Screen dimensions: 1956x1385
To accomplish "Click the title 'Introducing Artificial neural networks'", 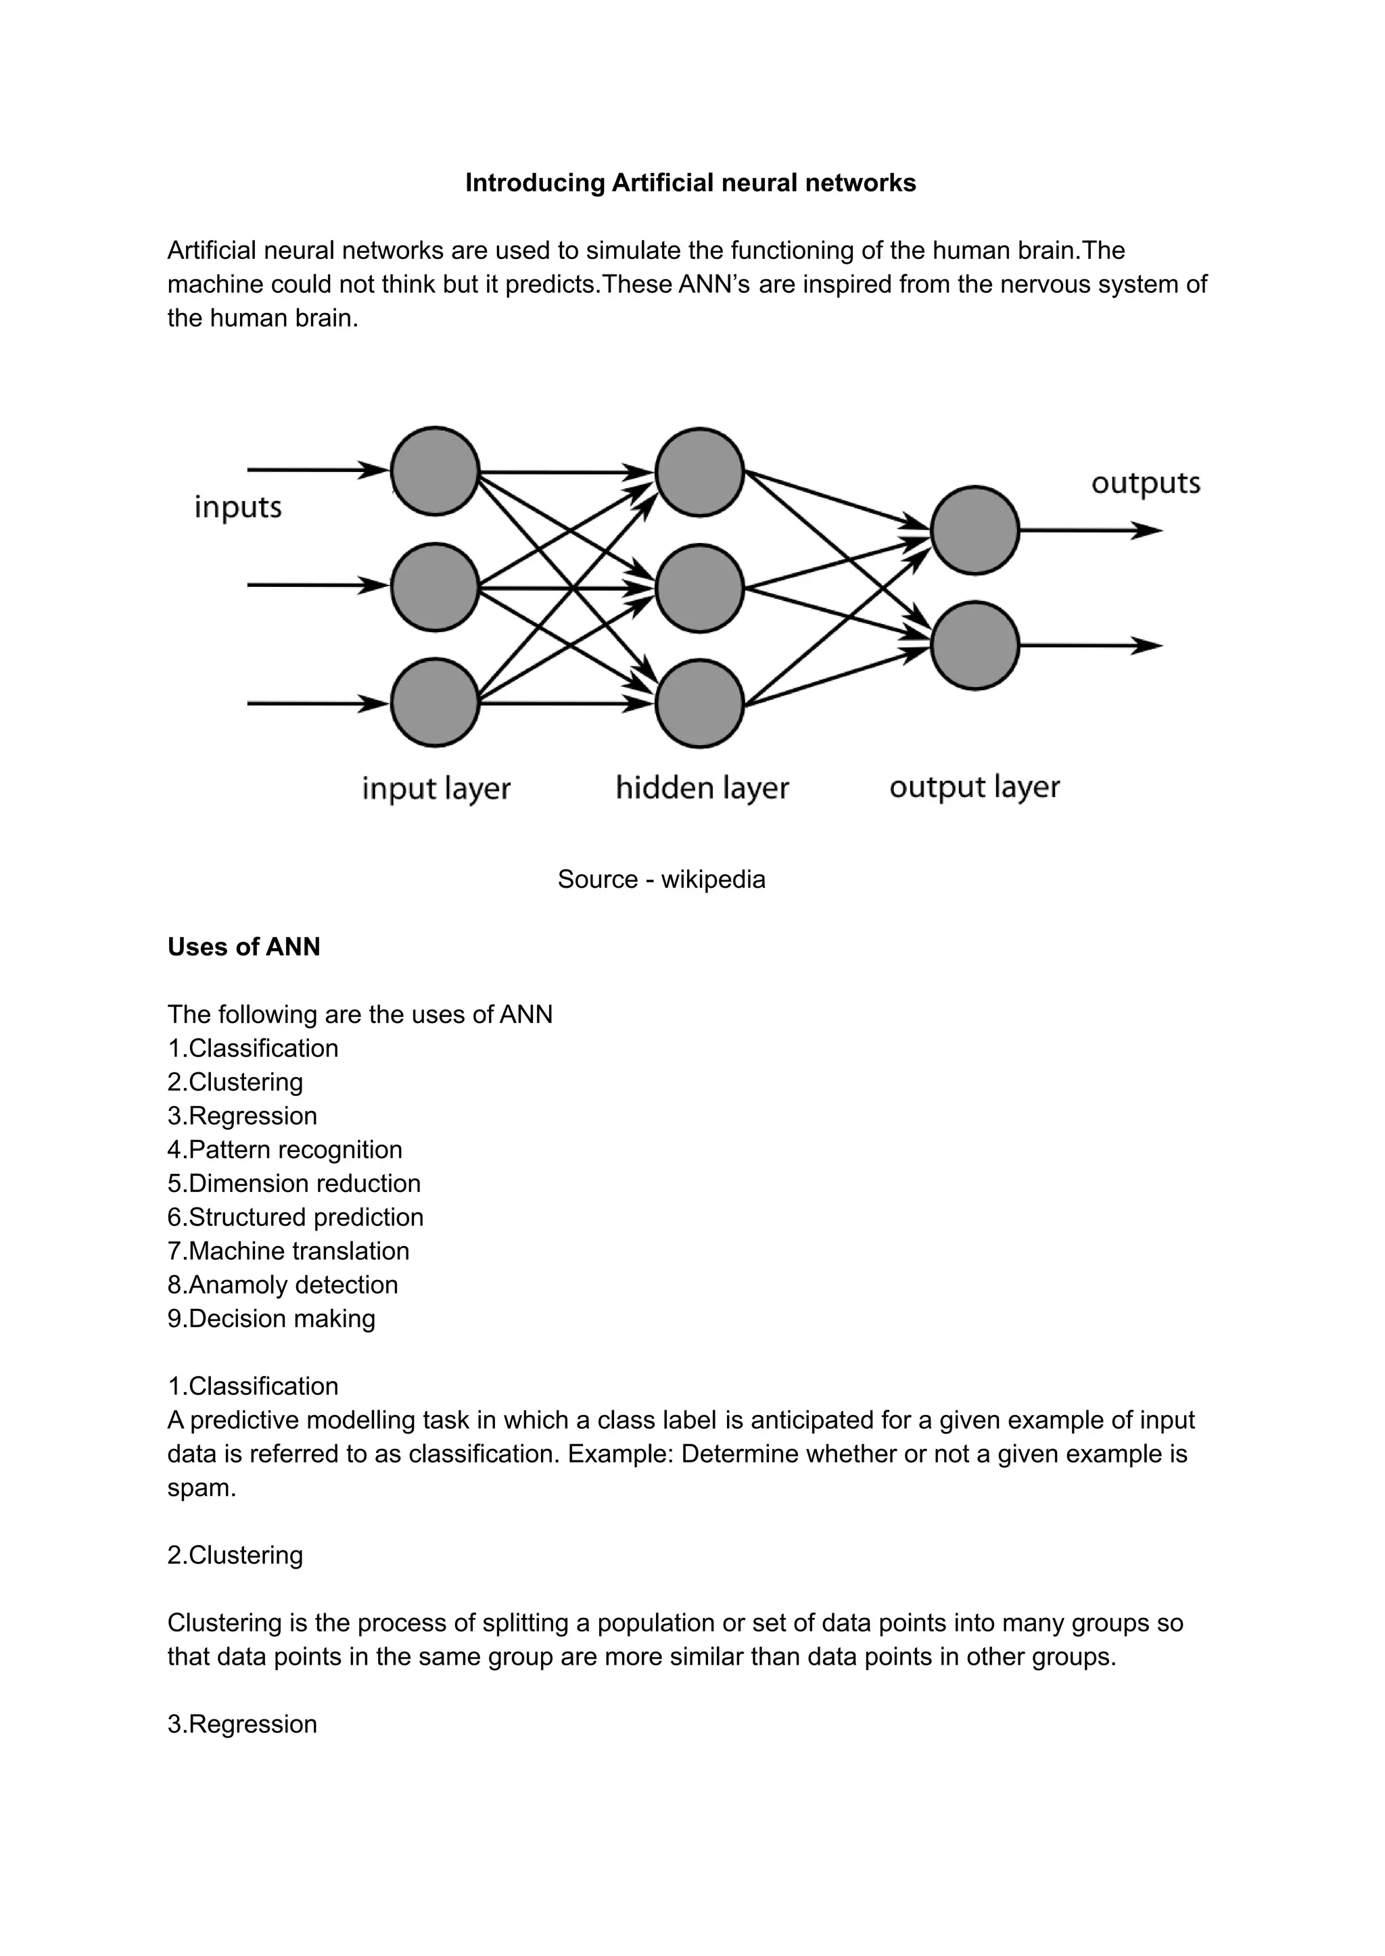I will tap(690, 183).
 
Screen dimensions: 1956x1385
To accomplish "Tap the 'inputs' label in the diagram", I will tap(238, 507).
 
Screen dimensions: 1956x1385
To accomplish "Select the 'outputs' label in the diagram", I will tap(1146, 483).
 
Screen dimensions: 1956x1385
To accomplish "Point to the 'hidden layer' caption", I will tap(702, 788).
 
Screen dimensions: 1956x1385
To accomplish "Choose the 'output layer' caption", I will tap(974, 787).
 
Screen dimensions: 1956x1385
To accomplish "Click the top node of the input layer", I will tap(435, 471).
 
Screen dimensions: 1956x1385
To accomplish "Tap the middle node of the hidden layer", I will tap(699, 588).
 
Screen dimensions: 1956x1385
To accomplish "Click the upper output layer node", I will tap(975, 530).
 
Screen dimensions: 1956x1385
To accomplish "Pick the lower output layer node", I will tap(975, 646).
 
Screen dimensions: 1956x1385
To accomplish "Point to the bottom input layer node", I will tap(435, 702).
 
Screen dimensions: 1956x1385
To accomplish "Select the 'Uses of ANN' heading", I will tap(244, 947).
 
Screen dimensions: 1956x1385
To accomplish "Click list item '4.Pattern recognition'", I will tap(285, 1149).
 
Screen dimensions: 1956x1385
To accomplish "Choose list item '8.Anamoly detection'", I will tap(282, 1285).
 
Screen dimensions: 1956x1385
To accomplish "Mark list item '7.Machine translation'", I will tap(288, 1251).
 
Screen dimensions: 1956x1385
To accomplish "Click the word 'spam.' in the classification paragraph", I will tap(202, 1488).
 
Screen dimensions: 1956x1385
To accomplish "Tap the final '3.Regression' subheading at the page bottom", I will tap(242, 1724).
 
